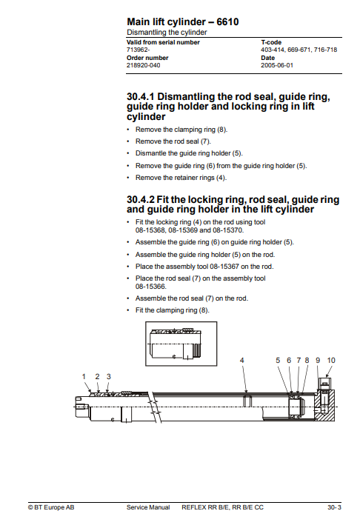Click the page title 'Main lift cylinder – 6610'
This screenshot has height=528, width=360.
pyautogui.click(x=182, y=22)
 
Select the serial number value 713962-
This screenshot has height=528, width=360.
pyautogui.click(x=138, y=50)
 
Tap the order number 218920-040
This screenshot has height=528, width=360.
pyautogui.click(x=143, y=65)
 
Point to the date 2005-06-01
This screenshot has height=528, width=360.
pyautogui.click(x=277, y=65)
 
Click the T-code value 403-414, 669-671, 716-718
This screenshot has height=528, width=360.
pyautogui.click(x=299, y=50)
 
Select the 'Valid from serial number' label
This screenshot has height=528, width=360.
pyautogui.click(x=163, y=42)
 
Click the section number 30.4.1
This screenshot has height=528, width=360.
pyautogui.click(x=140, y=97)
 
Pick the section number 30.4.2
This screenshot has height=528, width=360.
pyautogui.click(x=140, y=199)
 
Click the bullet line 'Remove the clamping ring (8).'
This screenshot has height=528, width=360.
pyautogui.click(x=181, y=130)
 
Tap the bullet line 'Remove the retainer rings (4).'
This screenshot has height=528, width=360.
pyautogui.click(x=181, y=178)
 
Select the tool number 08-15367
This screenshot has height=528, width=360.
pyautogui.click(x=224, y=267)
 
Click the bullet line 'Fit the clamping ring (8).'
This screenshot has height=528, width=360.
pyautogui.click(x=172, y=310)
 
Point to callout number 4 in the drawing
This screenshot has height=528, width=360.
pyautogui.click(x=241, y=361)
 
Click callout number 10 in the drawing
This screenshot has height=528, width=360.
pyautogui.click(x=331, y=361)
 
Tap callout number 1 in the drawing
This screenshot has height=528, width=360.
pyautogui.click(x=84, y=376)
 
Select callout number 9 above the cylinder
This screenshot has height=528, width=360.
pyautogui.click(x=318, y=361)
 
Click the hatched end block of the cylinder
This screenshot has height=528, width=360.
pyautogui.click(x=324, y=406)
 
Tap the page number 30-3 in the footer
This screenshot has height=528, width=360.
pyautogui.click(x=334, y=507)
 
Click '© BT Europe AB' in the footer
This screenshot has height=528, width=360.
pyautogui.click(x=51, y=507)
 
